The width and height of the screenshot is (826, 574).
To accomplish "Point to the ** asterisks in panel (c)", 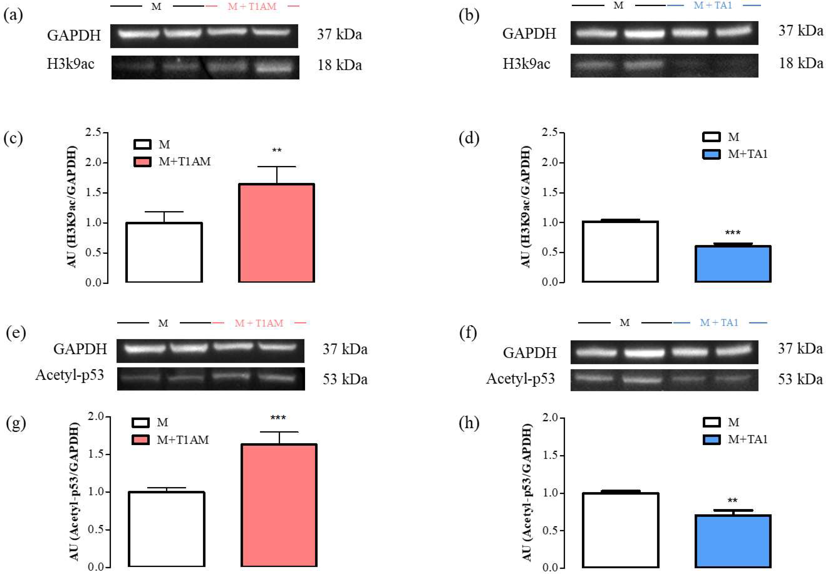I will [277, 150].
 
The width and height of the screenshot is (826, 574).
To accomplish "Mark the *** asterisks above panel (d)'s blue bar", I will [733, 233].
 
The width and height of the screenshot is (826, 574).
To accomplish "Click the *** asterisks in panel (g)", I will [278, 418].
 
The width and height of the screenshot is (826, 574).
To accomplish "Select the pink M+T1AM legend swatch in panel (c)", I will [142, 162].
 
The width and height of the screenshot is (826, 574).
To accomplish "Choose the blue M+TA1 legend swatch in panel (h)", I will [711, 439].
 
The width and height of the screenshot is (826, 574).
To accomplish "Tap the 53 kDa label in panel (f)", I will [800, 379].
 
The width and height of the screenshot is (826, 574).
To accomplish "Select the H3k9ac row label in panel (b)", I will [526, 64].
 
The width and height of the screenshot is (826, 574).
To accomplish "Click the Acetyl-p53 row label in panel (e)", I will [70, 375].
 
